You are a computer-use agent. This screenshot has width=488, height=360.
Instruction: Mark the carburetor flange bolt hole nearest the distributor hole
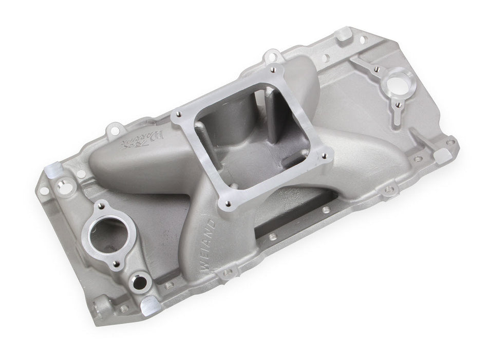point(323,152)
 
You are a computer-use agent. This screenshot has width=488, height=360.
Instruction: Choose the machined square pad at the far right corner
point(452,141)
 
